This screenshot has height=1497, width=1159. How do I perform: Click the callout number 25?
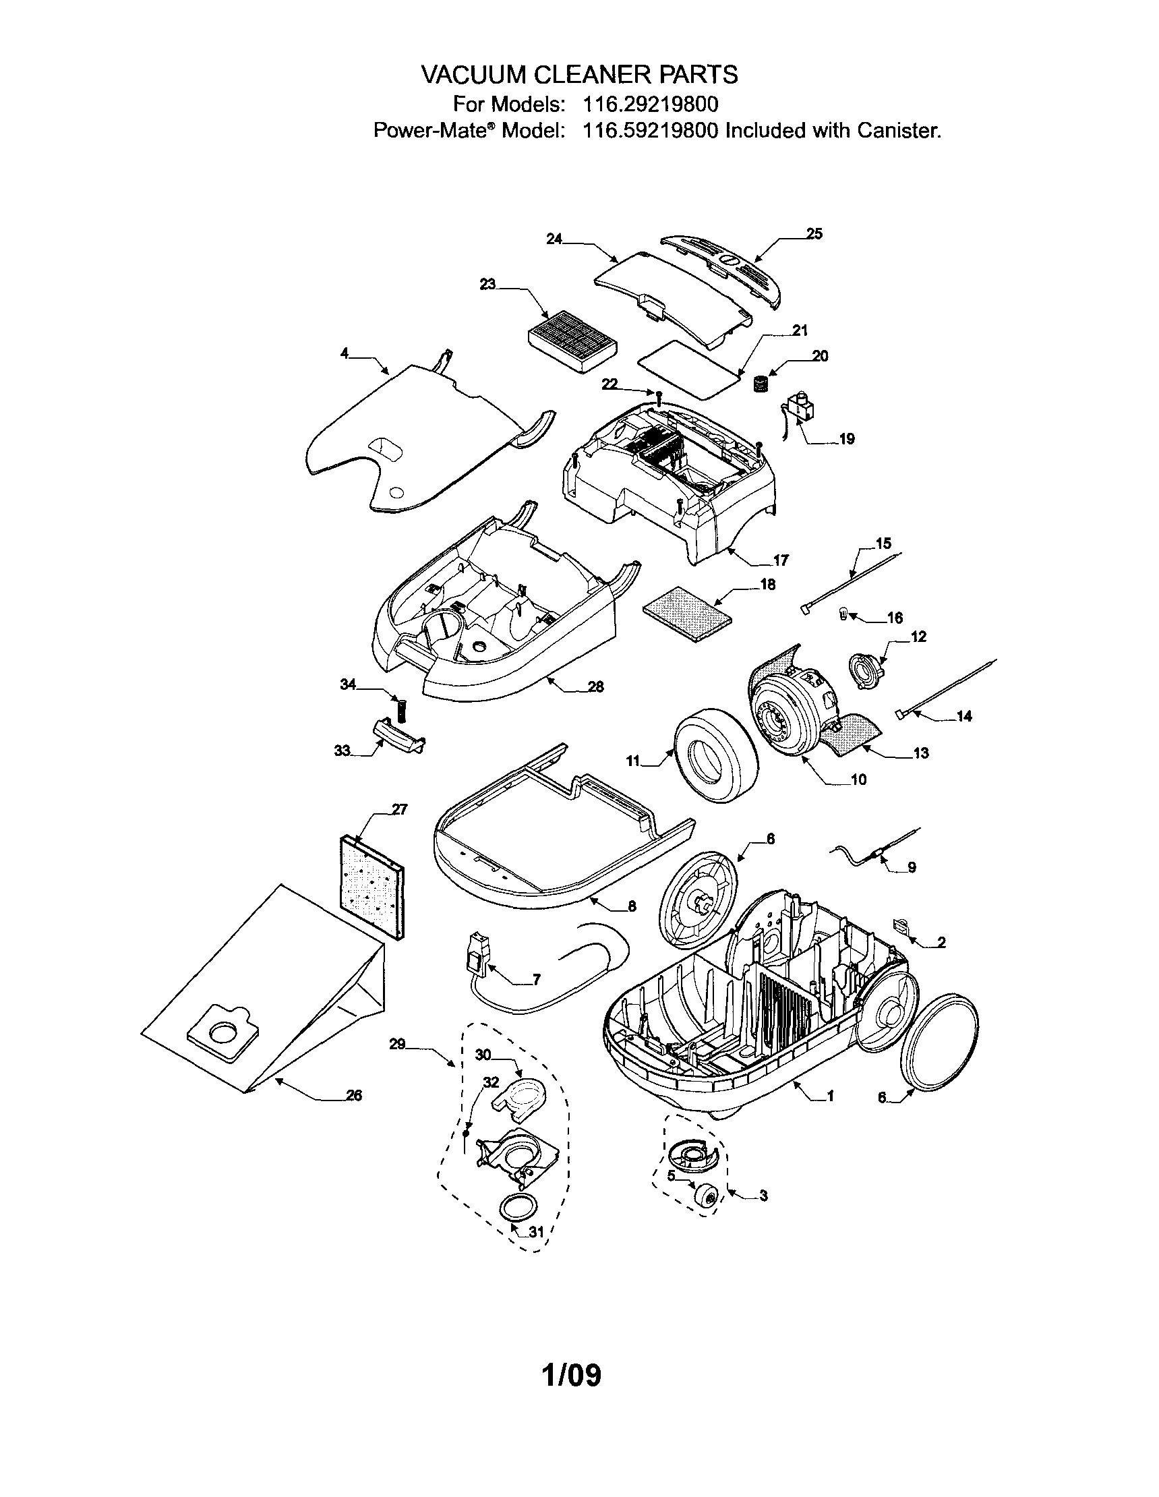tap(814, 234)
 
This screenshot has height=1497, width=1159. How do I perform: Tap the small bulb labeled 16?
tap(844, 614)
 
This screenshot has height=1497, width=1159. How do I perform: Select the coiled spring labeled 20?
tap(759, 384)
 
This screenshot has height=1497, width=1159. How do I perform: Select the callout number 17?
tap(781, 560)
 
